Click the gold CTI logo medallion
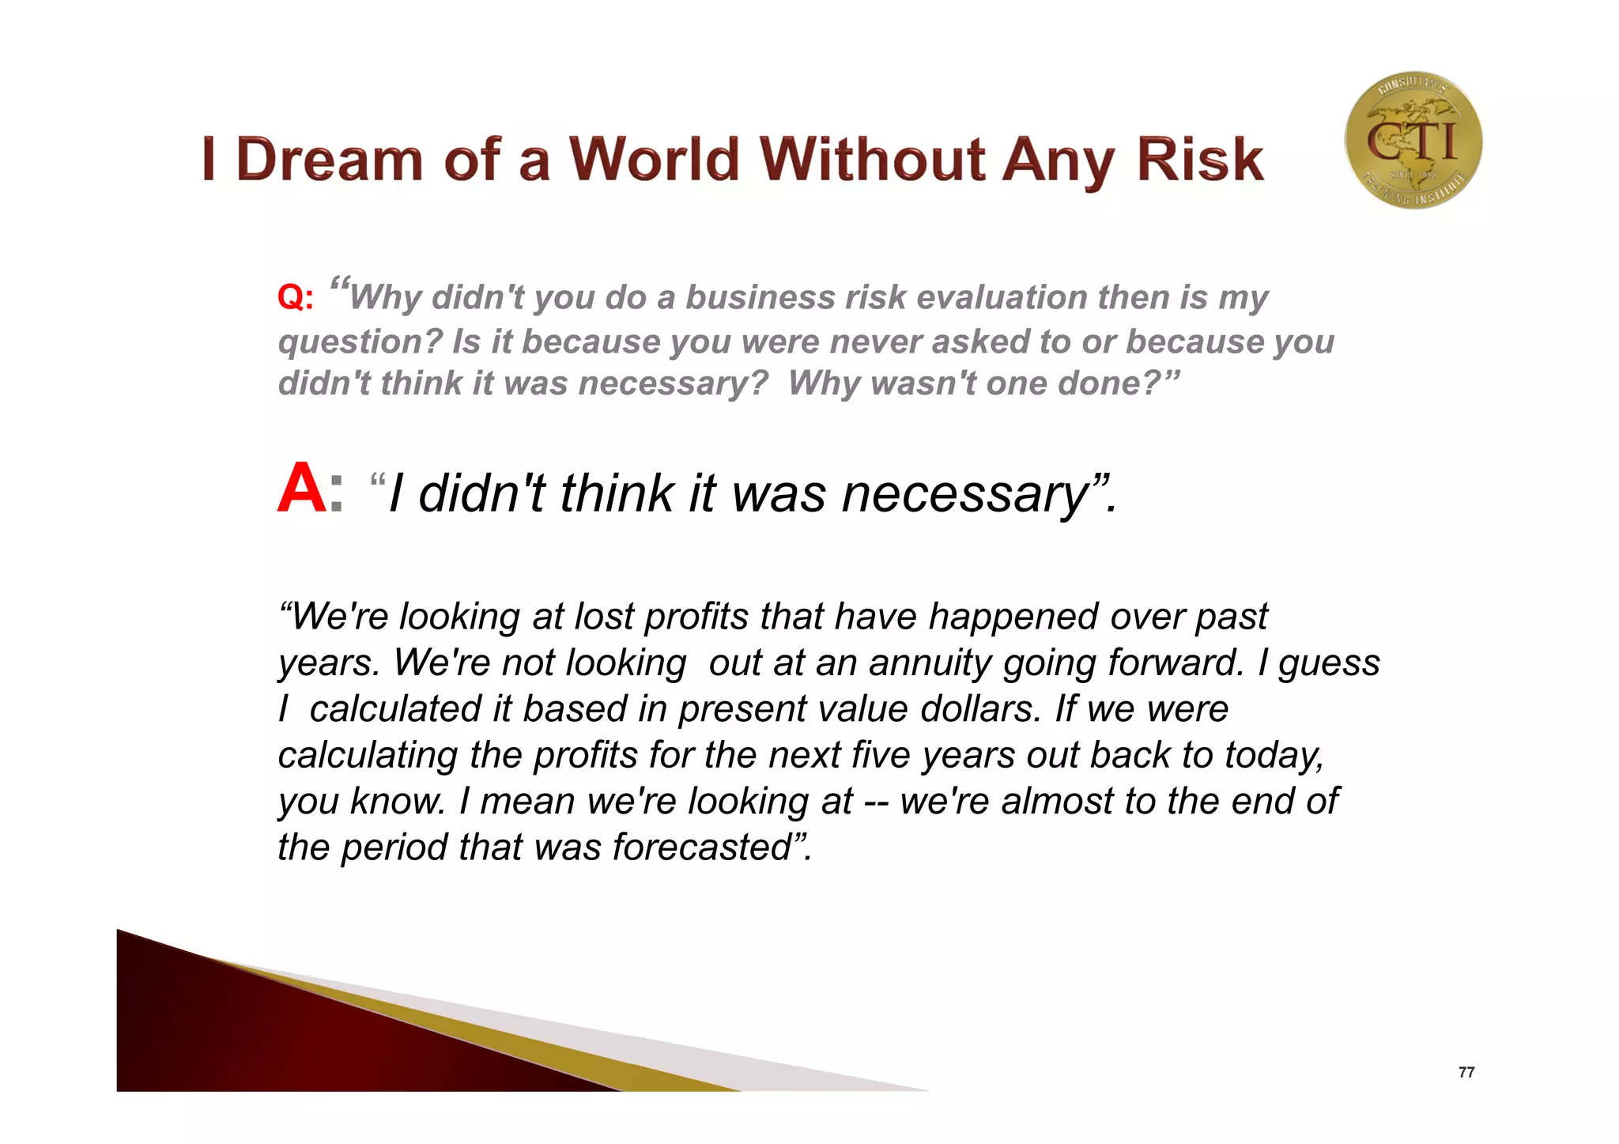pyautogui.click(x=1413, y=141)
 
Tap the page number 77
pyautogui.click(x=1466, y=1072)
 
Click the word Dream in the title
pyautogui.click(x=329, y=160)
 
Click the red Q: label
pyautogui.click(x=296, y=298)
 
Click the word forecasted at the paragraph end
pyautogui.click(x=703, y=848)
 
